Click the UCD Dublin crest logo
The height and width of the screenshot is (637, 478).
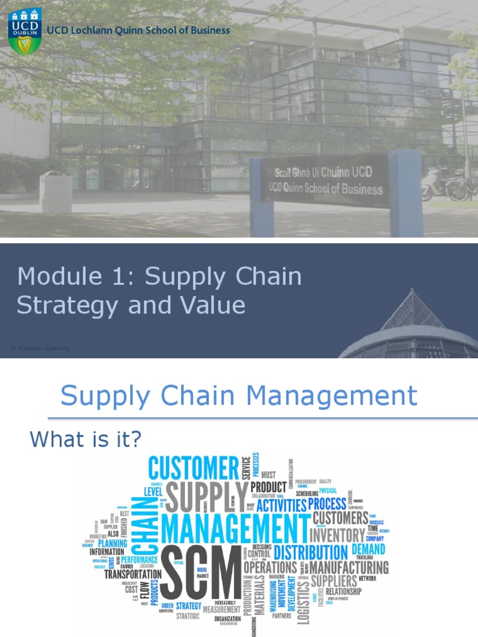click(x=25, y=30)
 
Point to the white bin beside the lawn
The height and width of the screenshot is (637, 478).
click(x=56, y=192)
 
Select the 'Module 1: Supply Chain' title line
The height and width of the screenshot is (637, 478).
click(x=159, y=276)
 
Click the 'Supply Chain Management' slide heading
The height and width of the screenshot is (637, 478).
click(x=238, y=396)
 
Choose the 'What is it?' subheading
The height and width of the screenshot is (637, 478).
click(x=86, y=440)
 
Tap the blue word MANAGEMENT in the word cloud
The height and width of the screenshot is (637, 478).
click(x=235, y=529)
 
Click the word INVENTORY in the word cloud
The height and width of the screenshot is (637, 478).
click(x=337, y=535)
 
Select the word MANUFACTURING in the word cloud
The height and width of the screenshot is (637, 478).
click(x=349, y=567)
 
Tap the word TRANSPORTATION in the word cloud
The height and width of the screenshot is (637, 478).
click(x=133, y=574)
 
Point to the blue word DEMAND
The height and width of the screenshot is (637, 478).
click(x=368, y=549)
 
